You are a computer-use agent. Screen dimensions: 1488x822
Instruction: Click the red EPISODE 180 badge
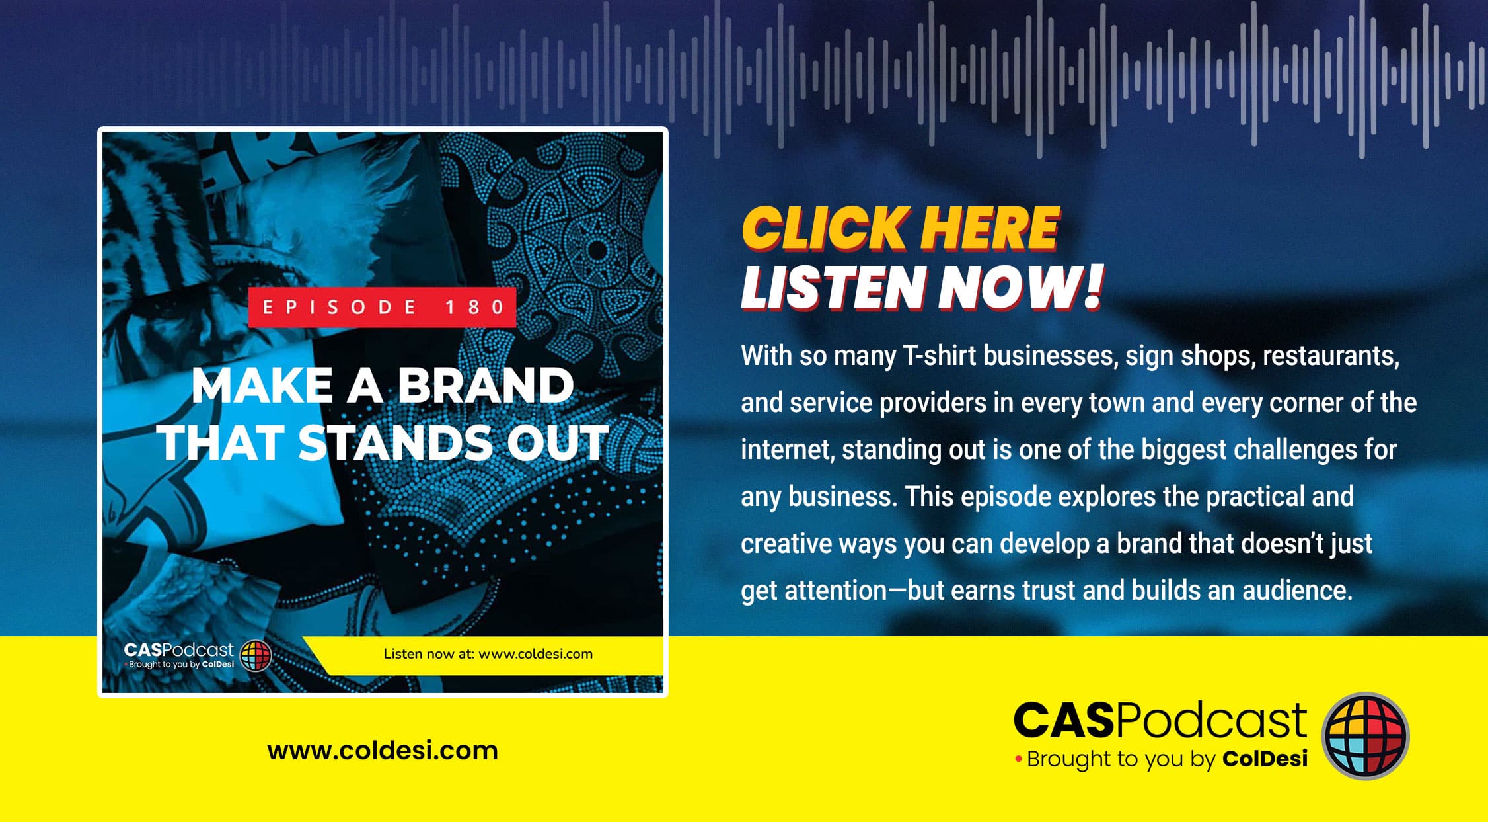click(x=382, y=307)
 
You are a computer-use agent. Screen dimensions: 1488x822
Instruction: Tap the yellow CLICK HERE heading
click(x=901, y=228)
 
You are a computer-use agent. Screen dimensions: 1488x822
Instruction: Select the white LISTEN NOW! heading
click(x=922, y=288)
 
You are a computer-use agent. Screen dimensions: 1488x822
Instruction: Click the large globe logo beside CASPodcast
click(x=1365, y=735)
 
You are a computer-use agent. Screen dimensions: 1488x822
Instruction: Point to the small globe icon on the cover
click(x=256, y=655)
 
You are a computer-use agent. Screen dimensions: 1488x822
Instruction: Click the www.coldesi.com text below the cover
click(x=383, y=751)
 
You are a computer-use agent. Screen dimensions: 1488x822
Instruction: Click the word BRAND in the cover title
click(x=486, y=386)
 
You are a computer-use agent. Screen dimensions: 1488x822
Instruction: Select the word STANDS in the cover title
click(x=395, y=442)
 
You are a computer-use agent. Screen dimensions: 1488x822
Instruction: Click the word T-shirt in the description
click(x=939, y=356)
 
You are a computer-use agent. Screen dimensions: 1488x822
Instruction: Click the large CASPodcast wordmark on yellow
click(x=1160, y=720)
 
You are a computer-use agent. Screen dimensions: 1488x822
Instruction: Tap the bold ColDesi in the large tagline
click(x=1265, y=759)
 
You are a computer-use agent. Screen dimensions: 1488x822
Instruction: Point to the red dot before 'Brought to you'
click(x=1018, y=759)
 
